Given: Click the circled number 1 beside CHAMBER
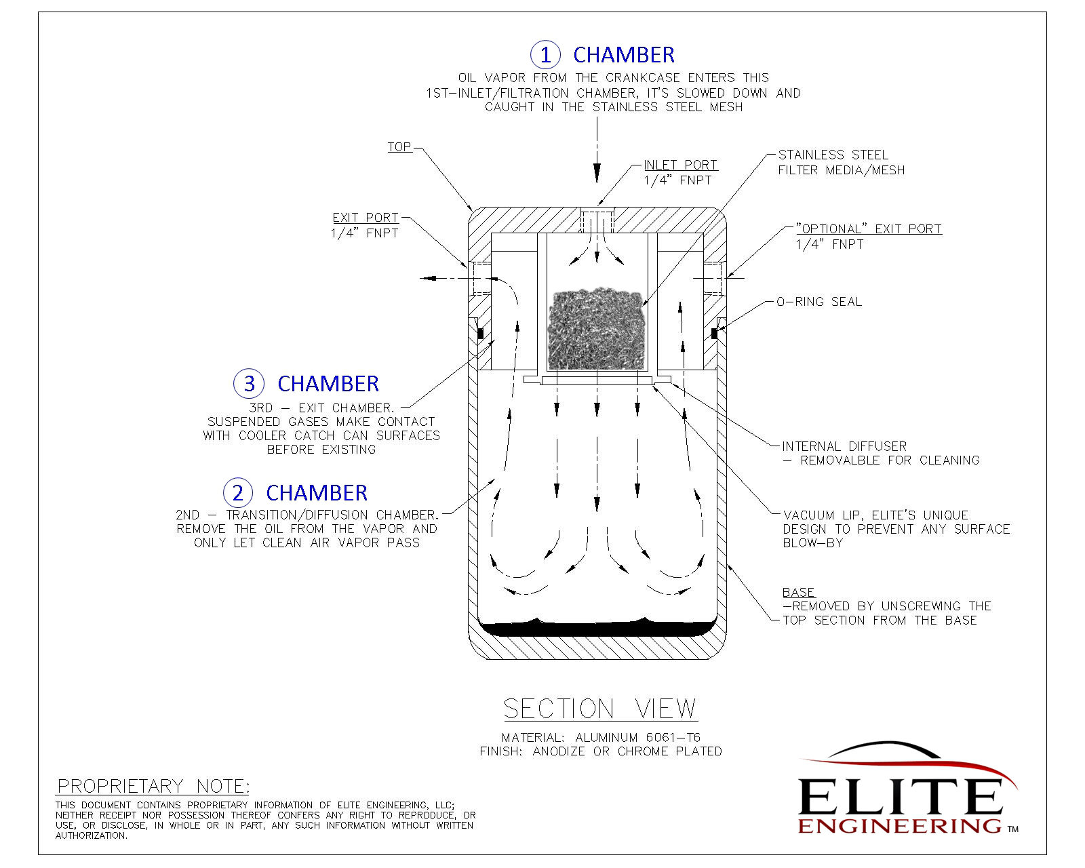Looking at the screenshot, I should pyautogui.click(x=545, y=54).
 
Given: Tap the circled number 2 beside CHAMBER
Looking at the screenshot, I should pyautogui.click(x=237, y=492).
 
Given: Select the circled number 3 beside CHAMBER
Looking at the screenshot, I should pyautogui.click(x=249, y=383).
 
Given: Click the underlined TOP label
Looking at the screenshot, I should pyautogui.click(x=399, y=147).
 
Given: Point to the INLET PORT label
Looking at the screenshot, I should pyautogui.click(x=680, y=165).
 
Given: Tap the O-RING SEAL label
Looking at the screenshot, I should pyautogui.click(x=818, y=302).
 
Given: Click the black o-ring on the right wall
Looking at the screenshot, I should pyautogui.click(x=714, y=333).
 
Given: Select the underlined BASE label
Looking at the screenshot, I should pyautogui.click(x=798, y=592).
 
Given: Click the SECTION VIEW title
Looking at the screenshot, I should pyautogui.click(x=600, y=709).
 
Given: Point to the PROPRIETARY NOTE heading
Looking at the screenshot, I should pyautogui.click(x=153, y=786).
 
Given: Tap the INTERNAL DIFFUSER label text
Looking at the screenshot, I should pyautogui.click(x=844, y=446).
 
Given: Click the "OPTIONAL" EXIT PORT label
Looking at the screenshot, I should pyautogui.click(x=869, y=229).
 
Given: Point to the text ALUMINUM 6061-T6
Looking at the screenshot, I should pyautogui.click(x=637, y=737).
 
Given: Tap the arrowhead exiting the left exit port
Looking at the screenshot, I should pyautogui.click(x=425, y=278).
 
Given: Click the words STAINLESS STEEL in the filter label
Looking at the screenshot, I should pyautogui.click(x=833, y=155).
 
